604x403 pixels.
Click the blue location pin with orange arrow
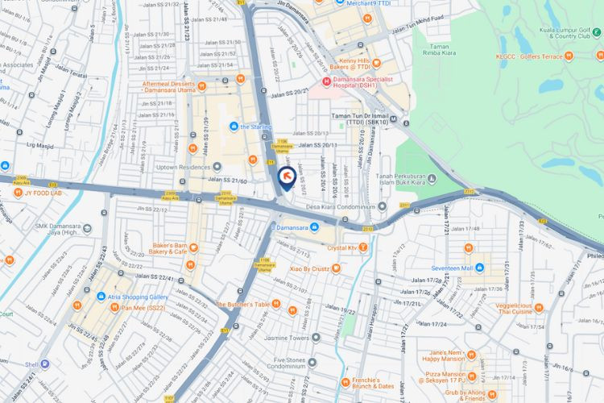[x=286, y=177]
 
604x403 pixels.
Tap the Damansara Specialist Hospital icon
[x=326, y=81]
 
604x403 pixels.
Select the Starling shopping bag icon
[x=234, y=127]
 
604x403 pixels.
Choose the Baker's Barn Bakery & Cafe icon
[x=192, y=247]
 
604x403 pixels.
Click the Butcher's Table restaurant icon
[x=277, y=305]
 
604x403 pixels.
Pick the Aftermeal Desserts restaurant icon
[x=201, y=86]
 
